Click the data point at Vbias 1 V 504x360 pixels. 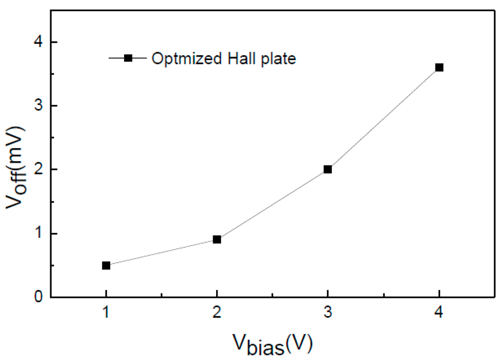click(x=106, y=265)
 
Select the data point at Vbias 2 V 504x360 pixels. click(x=217, y=240)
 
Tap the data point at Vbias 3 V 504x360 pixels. click(x=328, y=169)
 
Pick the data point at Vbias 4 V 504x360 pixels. click(x=439, y=67)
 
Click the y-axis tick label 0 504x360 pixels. click(x=40, y=297)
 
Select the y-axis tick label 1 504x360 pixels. click(x=40, y=233)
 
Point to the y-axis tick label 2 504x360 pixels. click(x=40, y=169)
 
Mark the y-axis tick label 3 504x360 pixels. click(x=40, y=106)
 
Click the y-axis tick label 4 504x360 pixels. click(x=40, y=42)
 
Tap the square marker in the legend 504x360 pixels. click(x=128, y=58)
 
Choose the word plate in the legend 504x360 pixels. click(x=278, y=59)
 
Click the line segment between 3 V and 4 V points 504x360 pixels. click(x=383, y=118)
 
